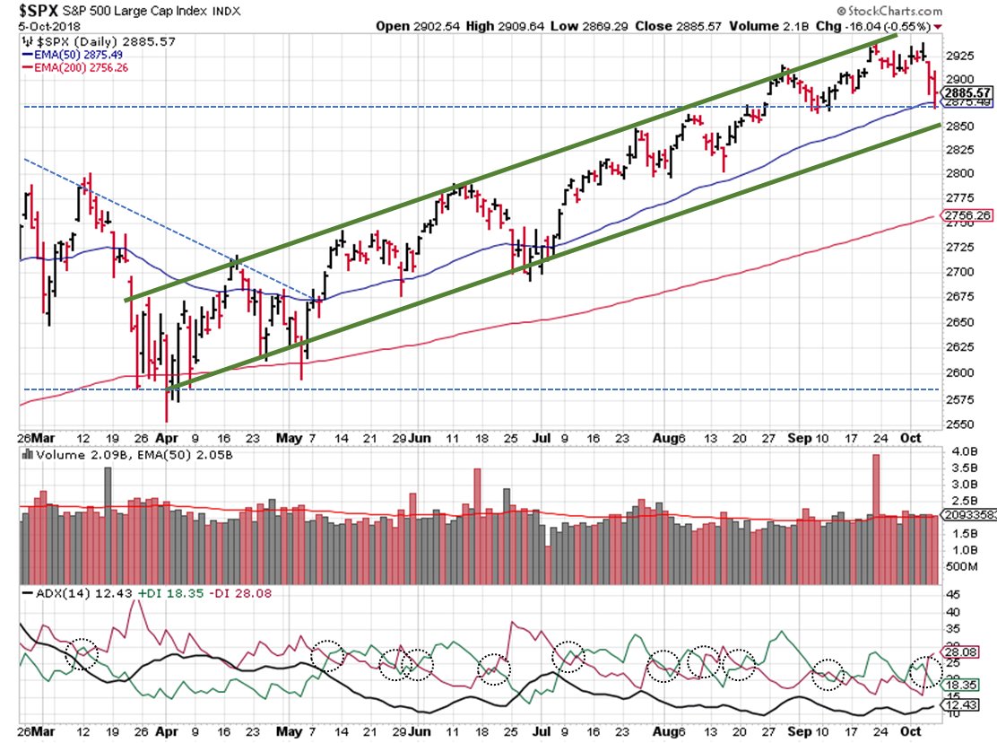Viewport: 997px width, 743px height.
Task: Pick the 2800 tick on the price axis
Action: tap(956, 173)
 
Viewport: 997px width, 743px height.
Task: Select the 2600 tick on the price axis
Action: tap(956, 372)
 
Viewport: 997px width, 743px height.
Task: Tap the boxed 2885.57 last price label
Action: tap(967, 92)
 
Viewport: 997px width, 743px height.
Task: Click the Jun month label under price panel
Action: tap(418, 439)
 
